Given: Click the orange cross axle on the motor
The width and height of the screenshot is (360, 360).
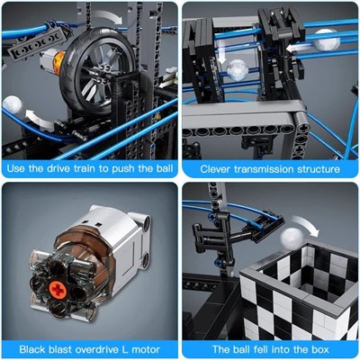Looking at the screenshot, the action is pyautogui.click(x=56, y=289).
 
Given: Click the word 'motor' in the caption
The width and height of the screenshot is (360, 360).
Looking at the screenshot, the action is pyautogui.click(x=144, y=349).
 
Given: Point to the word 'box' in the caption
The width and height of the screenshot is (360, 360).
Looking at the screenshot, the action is pyautogui.click(x=320, y=349).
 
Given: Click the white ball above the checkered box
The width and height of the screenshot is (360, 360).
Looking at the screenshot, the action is pyautogui.click(x=292, y=238).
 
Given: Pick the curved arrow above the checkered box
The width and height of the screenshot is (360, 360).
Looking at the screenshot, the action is pyautogui.click(x=306, y=224).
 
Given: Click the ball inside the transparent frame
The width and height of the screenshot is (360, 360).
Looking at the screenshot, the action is pyautogui.click(x=238, y=70).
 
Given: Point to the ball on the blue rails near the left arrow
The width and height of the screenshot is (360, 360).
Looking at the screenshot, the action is pyautogui.click(x=326, y=40).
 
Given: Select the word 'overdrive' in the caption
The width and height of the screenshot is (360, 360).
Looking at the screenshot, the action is pyautogui.click(x=97, y=349).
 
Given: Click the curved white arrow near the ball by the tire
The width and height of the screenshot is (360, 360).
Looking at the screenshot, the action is pyautogui.click(x=40, y=119).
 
